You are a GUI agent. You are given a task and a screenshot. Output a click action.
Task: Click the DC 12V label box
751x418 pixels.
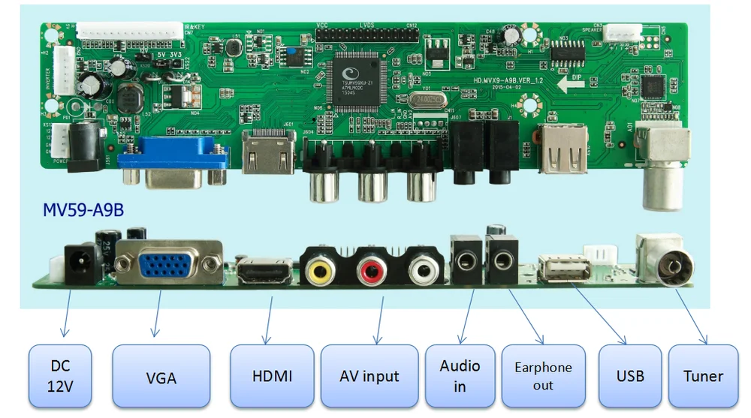point(60,376)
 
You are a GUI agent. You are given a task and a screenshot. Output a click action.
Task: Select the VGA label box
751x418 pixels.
point(161,377)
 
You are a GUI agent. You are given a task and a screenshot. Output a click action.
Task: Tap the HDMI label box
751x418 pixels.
point(271,376)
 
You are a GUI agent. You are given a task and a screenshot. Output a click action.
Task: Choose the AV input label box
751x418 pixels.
point(369,376)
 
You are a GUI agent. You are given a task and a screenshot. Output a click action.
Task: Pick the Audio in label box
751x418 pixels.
point(460,376)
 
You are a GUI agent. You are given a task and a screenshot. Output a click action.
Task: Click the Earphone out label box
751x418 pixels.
point(543,376)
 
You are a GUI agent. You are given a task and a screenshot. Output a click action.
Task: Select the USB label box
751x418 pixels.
point(630,376)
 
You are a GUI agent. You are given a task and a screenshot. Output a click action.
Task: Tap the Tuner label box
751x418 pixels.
point(703,376)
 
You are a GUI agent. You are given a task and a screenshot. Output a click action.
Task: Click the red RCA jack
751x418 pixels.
point(370,268)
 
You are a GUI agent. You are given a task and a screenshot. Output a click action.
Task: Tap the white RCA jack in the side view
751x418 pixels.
point(422,268)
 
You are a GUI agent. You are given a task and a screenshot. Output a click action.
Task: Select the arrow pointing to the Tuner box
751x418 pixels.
point(691,314)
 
